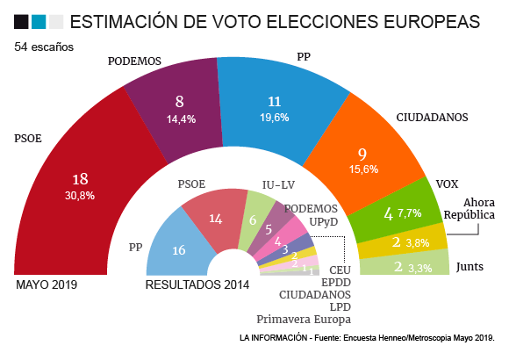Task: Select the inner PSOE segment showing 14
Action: coord(216,220)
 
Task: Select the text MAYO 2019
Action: coord(47,284)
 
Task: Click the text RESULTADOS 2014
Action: coord(197,284)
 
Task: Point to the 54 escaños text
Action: coord(44,47)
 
